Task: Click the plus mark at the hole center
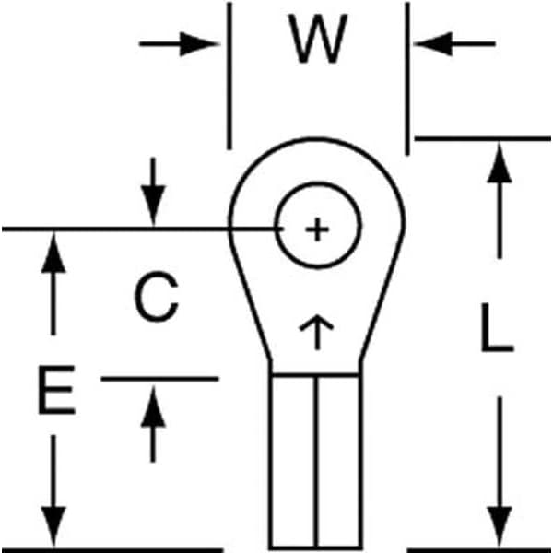pyautogui.click(x=316, y=229)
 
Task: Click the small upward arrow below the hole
pyautogui.click(x=315, y=329)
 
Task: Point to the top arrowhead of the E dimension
pyautogui.click(x=56, y=254)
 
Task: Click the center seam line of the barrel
pyautogui.click(x=316, y=461)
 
